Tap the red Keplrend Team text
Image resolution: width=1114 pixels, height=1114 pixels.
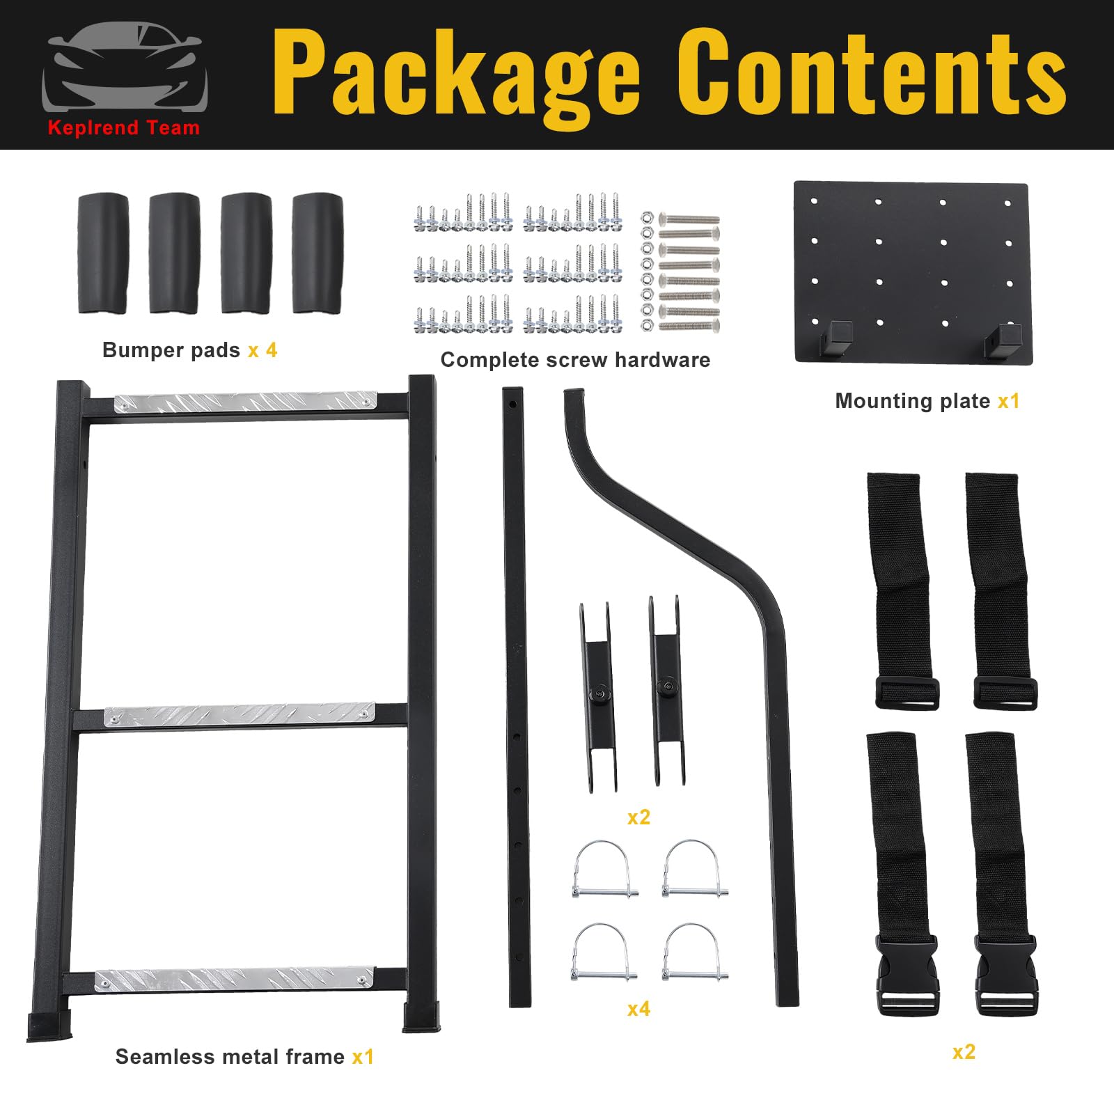[x=124, y=127]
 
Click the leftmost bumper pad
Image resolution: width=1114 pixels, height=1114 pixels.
[x=103, y=253]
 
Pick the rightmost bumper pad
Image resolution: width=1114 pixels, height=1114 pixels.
[x=317, y=253]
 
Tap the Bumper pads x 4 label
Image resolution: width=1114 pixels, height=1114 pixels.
[x=189, y=350]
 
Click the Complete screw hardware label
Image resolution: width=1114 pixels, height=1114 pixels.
[x=575, y=360]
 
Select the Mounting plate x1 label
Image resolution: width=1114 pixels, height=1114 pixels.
[x=927, y=401]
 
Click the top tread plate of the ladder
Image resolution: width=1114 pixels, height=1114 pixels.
[x=245, y=402]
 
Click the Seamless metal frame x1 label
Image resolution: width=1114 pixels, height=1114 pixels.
[x=244, y=1057]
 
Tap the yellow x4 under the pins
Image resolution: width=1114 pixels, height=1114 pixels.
[x=638, y=1009]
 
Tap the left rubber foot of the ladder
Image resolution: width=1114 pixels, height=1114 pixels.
[x=49, y=1026]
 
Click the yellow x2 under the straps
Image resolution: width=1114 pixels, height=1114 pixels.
[x=964, y=1052]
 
